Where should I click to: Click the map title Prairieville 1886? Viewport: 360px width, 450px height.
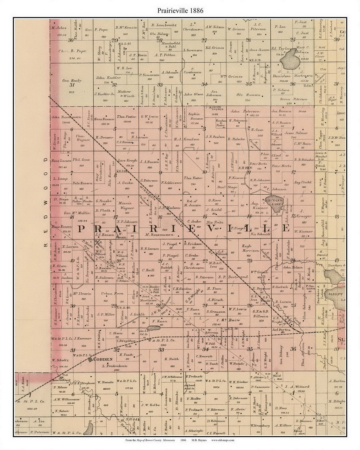[x=180, y=10]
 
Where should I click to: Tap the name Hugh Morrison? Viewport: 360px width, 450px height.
[x=251, y=248]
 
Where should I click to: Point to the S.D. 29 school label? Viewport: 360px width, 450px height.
[x=244, y=168]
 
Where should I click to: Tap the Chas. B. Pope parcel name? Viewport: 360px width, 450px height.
[x=72, y=51]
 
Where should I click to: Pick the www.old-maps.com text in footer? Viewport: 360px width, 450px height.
[x=223, y=440]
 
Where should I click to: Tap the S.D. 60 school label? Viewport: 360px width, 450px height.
[x=124, y=307]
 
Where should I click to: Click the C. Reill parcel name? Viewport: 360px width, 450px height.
[x=147, y=270]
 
